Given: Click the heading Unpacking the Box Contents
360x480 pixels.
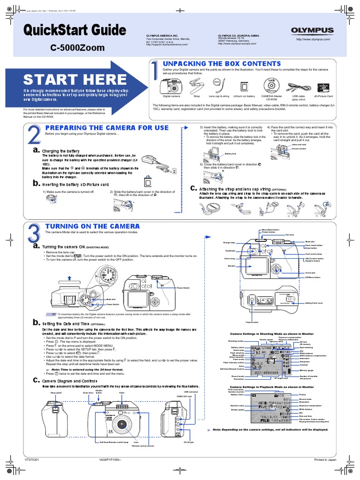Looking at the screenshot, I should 221,64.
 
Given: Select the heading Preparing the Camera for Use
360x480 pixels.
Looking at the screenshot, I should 106,127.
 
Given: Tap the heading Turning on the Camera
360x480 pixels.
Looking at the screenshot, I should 92,226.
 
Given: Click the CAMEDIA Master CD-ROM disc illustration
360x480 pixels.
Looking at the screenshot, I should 272,86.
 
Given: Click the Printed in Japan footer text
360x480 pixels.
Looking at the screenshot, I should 325,460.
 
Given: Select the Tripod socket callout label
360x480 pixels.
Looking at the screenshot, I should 252,322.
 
